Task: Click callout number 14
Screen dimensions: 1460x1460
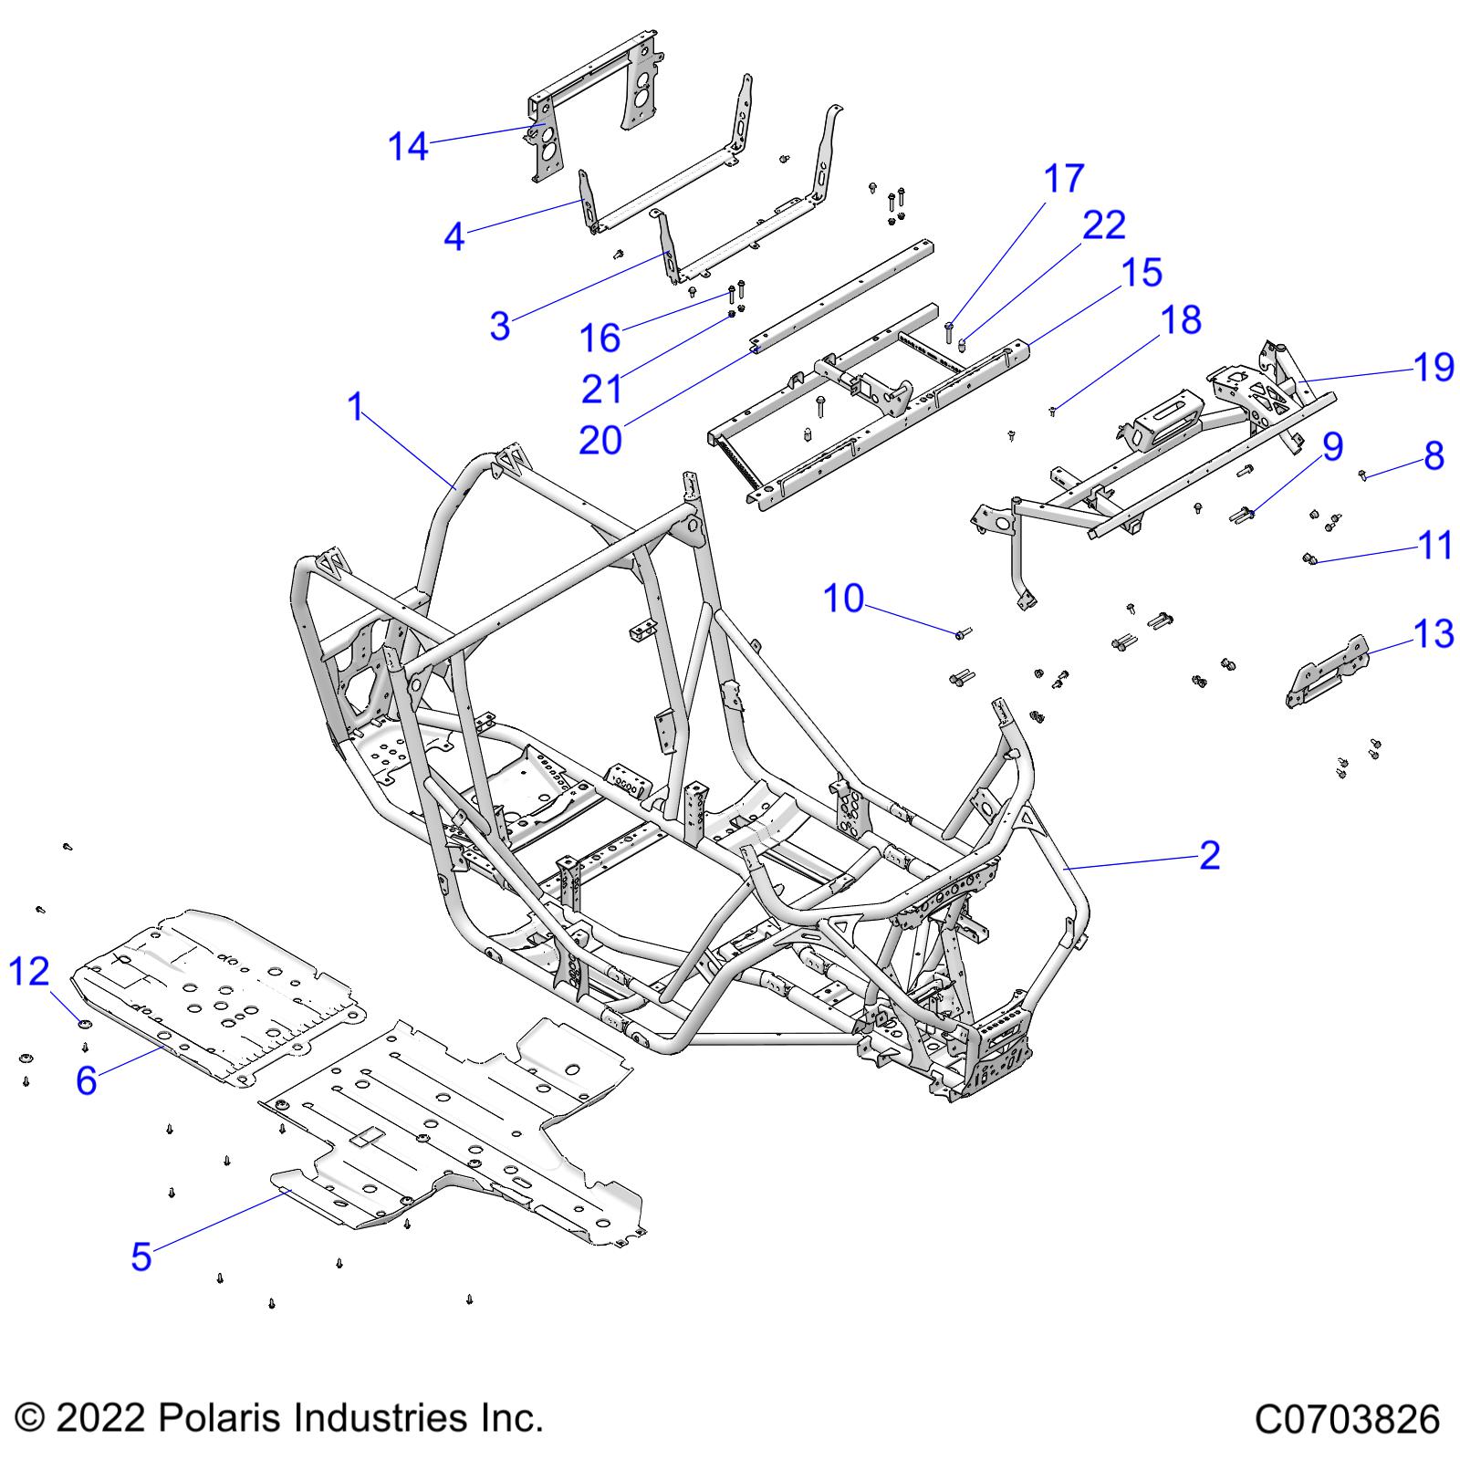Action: (408, 146)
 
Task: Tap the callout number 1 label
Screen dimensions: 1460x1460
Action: (356, 407)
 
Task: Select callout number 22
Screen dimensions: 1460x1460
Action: (1103, 224)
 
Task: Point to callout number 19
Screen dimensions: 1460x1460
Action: (1433, 367)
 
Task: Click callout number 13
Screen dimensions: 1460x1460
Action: (1433, 633)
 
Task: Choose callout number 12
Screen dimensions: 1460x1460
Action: (28, 972)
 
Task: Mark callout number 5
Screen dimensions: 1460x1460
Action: (141, 1256)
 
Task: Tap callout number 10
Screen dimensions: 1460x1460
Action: (843, 599)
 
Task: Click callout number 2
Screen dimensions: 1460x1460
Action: (1209, 855)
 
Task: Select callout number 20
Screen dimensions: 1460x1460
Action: (600, 440)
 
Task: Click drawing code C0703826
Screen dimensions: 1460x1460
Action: (1347, 1420)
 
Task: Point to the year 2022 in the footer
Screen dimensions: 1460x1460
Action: (101, 1418)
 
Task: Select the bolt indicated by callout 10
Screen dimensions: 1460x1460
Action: (964, 632)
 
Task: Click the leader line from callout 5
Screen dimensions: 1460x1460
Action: (219, 1221)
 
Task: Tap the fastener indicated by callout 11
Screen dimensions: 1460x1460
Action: (1309, 558)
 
